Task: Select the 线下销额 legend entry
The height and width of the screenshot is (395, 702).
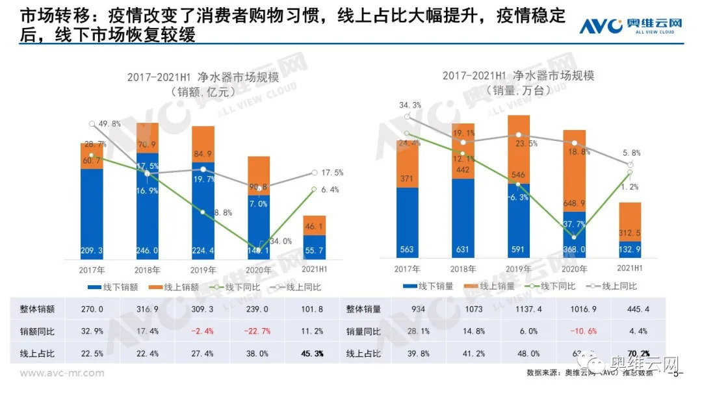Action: (x=114, y=287)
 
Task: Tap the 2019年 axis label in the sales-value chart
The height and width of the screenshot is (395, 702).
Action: (x=203, y=269)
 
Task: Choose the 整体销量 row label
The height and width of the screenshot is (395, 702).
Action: (x=363, y=310)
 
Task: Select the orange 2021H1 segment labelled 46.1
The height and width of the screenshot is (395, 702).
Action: (x=315, y=225)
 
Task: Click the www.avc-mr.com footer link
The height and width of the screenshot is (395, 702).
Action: (x=61, y=373)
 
